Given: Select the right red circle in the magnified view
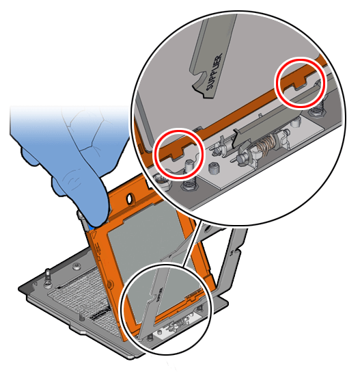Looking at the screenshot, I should click(299, 81).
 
